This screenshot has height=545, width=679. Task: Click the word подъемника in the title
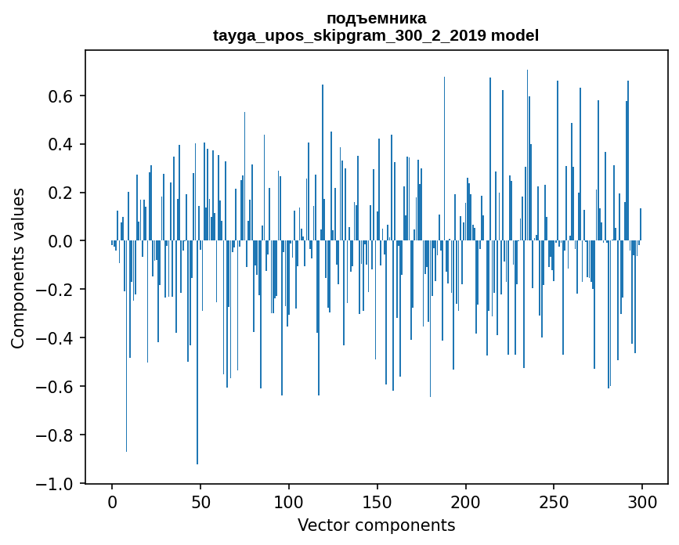(376, 19)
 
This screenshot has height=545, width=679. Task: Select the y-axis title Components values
(18, 268)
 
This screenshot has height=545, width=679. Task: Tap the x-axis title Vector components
(376, 525)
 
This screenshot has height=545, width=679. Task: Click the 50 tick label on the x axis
(200, 501)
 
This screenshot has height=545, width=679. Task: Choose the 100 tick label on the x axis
(289, 501)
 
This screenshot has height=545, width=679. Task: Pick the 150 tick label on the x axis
(377, 501)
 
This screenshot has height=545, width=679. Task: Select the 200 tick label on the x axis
(465, 501)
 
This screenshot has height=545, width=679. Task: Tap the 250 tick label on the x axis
(554, 501)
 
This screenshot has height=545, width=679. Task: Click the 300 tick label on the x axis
(642, 501)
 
